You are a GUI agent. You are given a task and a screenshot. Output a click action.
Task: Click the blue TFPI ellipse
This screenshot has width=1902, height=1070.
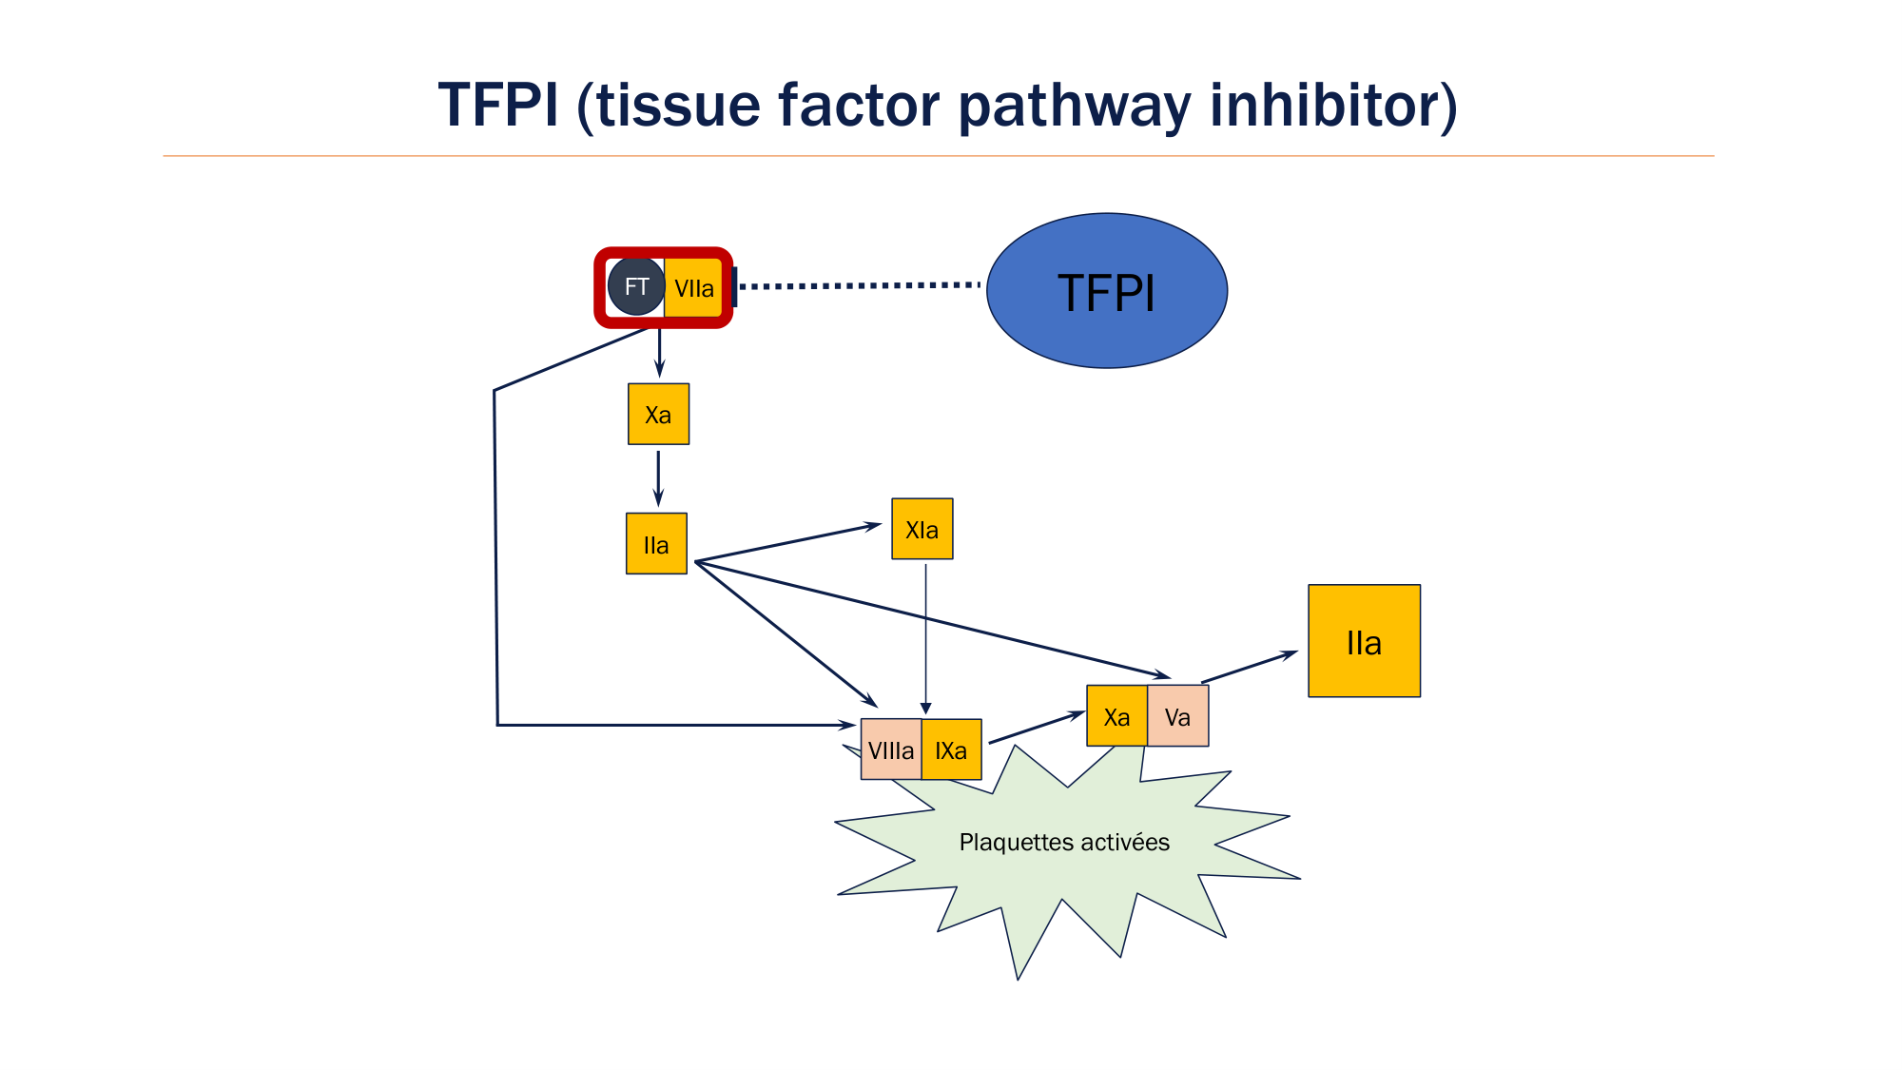click(x=1107, y=291)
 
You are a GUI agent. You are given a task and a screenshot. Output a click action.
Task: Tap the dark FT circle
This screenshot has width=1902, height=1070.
click(x=636, y=286)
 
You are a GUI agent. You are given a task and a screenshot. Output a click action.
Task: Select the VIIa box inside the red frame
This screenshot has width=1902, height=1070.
click(x=694, y=288)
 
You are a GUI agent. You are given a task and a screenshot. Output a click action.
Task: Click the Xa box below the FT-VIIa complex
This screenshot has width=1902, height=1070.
click(x=658, y=415)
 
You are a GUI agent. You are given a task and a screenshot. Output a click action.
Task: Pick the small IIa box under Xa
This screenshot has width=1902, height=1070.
click(x=656, y=544)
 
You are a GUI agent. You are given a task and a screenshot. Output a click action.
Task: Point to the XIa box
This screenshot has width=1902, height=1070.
click(x=922, y=529)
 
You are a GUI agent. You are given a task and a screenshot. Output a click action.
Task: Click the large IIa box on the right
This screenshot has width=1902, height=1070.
click(x=1364, y=641)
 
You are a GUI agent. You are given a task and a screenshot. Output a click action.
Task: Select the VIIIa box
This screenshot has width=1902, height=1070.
click(x=891, y=749)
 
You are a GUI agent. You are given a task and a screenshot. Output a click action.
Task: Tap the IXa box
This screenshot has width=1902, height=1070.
click(x=951, y=749)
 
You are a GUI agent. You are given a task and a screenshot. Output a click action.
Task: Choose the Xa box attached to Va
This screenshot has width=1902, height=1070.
click(x=1116, y=716)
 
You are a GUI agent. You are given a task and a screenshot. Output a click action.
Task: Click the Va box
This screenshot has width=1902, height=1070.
click(x=1177, y=716)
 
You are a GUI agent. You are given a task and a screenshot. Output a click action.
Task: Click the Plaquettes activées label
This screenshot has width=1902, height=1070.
click(x=1064, y=843)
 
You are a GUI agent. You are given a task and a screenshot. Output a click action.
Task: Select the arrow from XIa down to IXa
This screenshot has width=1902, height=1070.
click(x=925, y=637)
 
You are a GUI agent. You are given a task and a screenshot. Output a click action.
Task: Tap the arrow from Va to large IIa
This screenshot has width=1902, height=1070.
click(x=1249, y=667)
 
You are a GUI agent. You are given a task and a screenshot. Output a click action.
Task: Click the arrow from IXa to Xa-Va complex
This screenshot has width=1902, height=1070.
click(x=1037, y=728)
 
